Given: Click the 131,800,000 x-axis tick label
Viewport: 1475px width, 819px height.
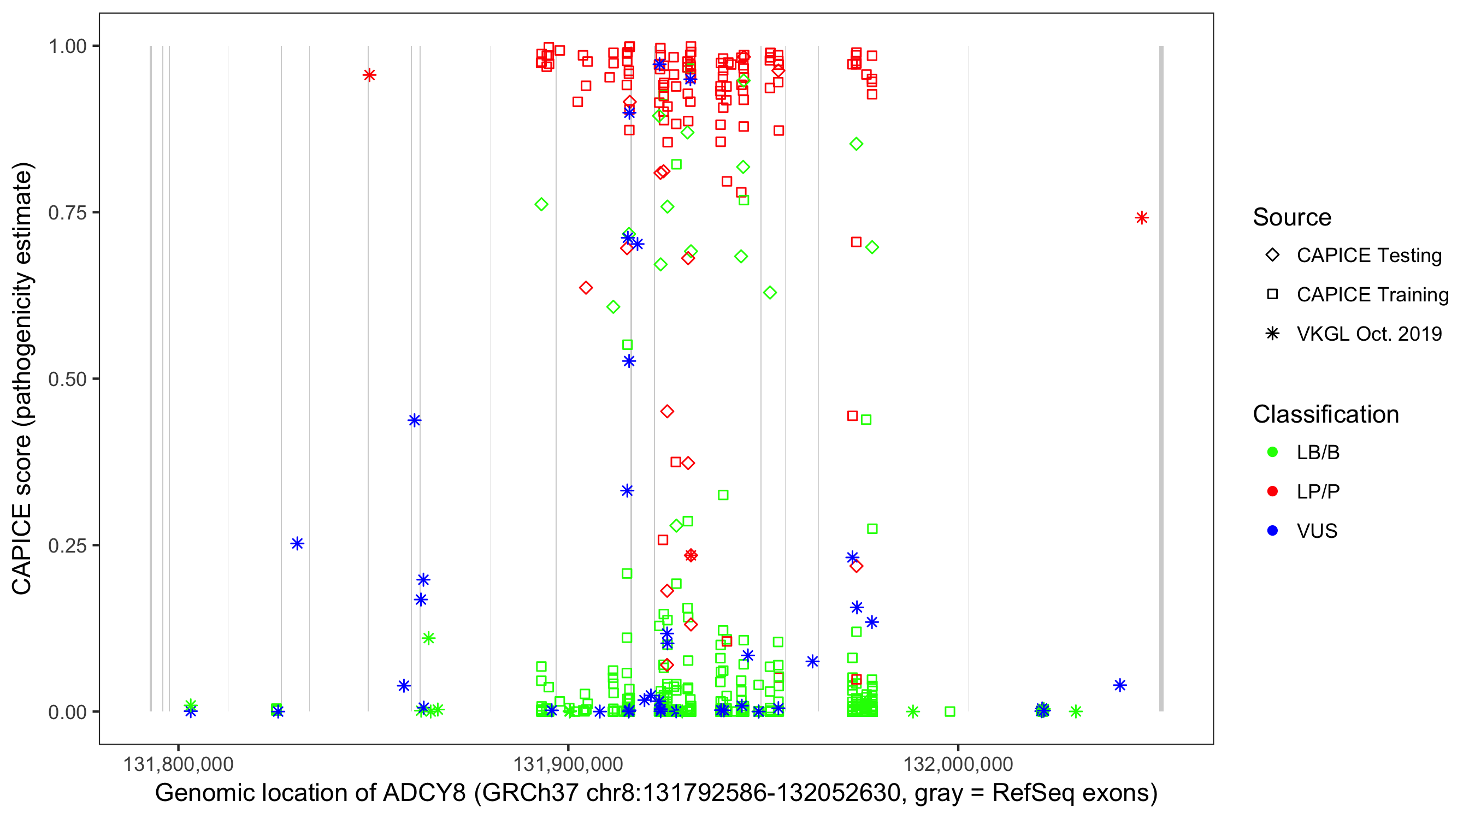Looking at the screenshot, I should (x=178, y=764).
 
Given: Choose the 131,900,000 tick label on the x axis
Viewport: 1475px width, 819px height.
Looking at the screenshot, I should (x=568, y=764).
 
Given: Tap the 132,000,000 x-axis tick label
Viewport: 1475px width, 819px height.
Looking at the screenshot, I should (x=958, y=764).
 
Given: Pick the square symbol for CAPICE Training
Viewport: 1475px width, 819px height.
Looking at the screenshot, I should (x=1272, y=294).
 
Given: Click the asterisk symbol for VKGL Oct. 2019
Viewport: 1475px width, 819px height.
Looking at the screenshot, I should (x=1272, y=334).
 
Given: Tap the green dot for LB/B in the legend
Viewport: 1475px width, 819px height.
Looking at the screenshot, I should (x=1272, y=452).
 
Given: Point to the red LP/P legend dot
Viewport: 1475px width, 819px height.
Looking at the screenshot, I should (x=1272, y=491).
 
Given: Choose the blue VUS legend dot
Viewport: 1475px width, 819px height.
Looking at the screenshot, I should (x=1272, y=531).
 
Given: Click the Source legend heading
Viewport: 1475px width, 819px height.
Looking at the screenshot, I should (x=1292, y=217).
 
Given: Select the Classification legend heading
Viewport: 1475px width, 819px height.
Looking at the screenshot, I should (x=1325, y=414).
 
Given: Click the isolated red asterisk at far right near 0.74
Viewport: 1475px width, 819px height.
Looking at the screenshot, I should (x=1142, y=218).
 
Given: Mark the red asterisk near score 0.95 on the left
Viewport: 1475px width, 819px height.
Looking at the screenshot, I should (x=369, y=75).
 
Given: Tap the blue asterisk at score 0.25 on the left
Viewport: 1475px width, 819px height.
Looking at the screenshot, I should (x=297, y=544).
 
